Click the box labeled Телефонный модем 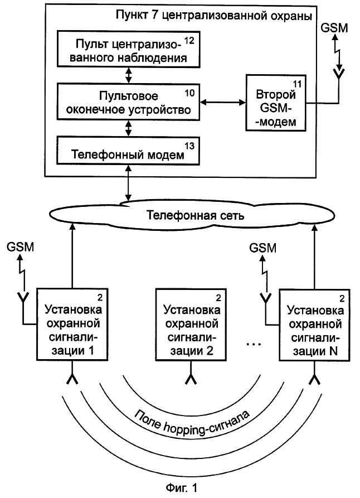[128, 151]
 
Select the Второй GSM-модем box [276, 103]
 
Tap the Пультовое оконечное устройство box [128, 101]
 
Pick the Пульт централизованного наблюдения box [128, 49]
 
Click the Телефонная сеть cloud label [195, 215]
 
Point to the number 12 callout [189, 40]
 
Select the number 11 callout [298, 84]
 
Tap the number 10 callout [189, 93]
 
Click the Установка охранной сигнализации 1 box [72, 325]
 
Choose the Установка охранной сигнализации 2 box [191, 325]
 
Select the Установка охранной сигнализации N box [314, 325]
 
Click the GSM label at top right [334, 28]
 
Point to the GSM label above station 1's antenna [20, 247]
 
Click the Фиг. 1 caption [182, 487]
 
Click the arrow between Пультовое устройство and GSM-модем [223, 102]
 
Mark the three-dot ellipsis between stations [254, 344]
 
